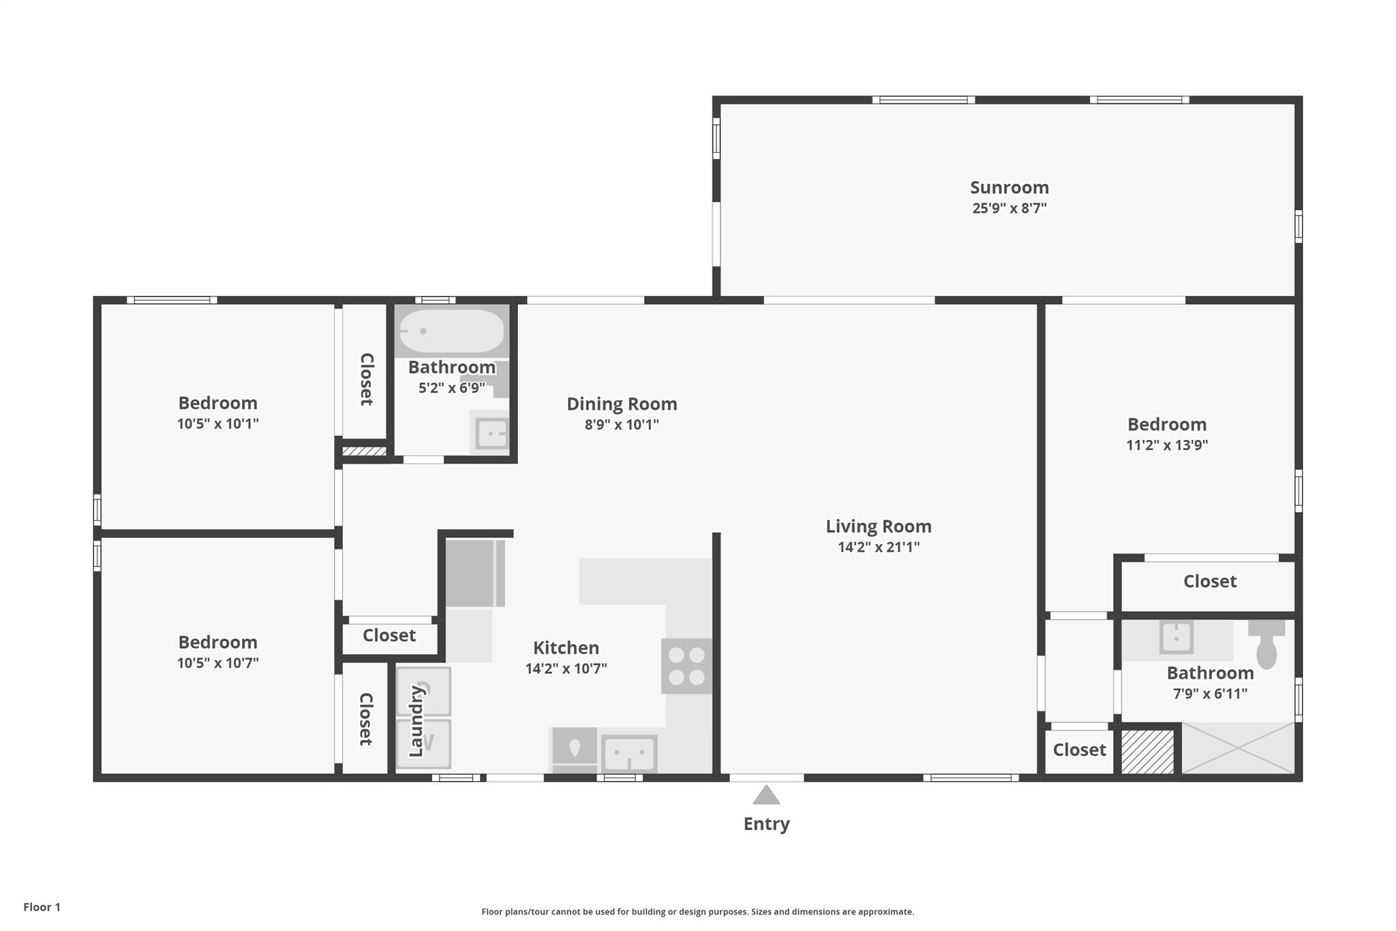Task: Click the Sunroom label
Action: tap(1009, 188)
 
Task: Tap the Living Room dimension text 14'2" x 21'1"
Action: tap(879, 547)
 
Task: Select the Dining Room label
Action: tap(622, 404)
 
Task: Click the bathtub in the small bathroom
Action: tap(451, 331)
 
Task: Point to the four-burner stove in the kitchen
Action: tap(686, 666)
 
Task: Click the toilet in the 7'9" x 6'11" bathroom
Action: tap(1266, 644)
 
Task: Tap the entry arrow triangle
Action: tap(766, 795)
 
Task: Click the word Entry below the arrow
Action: tap(766, 824)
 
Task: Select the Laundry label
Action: tap(416, 721)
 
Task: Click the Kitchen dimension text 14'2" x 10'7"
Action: tap(566, 668)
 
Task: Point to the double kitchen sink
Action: tap(629, 754)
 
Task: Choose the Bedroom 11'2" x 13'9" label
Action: tap(1167, 424)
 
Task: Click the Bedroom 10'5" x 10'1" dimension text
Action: tap(217, 424)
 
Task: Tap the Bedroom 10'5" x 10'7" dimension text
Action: tap(217, 663)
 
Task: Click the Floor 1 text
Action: tap(42, 907)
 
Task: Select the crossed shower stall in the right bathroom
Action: tap(1237, 748)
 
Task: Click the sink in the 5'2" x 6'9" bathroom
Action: tap(491, 432)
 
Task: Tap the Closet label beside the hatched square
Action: tap(1079, 750)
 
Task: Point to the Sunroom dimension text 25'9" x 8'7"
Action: tap(1009, 208)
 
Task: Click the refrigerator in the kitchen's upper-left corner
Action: tap(475, 573)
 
